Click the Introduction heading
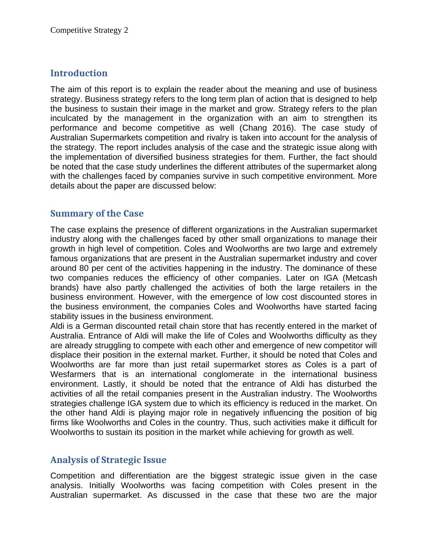(x=79, y=73)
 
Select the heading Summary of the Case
(x=97, y=214)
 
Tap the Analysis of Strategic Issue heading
(x=108, y=460)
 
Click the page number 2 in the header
(x=126, y=30)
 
